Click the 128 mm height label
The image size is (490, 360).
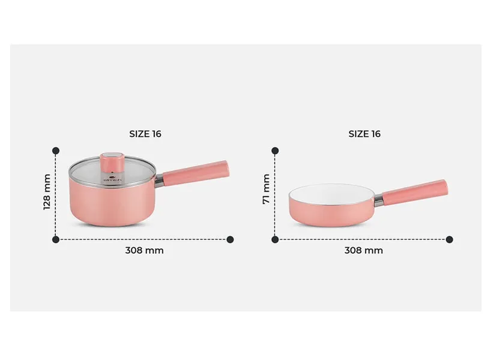(x=47, y=192)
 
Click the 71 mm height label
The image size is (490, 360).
(x=266, y=190)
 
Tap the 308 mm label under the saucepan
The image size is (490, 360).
(x=144, y=250)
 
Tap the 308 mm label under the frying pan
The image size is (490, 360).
(x=363, y=250)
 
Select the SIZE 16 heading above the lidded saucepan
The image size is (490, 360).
(x=145, y=134)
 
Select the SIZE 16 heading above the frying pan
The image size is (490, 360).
(x=364, y=134)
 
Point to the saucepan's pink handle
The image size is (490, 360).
(x=196, y=173)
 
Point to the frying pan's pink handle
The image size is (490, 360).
(x=415, y=193)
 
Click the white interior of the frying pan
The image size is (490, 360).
(x=331, y=195)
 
